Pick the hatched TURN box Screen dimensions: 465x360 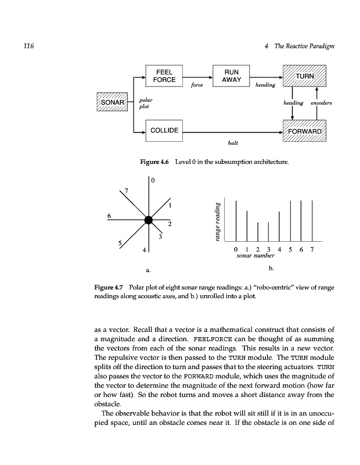point(304,76)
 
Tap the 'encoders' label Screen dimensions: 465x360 point(321,103)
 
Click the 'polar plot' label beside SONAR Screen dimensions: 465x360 point(146,103)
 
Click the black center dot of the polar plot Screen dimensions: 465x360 point(148,219)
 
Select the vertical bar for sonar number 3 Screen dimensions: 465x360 point(268,231)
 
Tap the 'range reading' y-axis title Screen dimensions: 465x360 point(216,222)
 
